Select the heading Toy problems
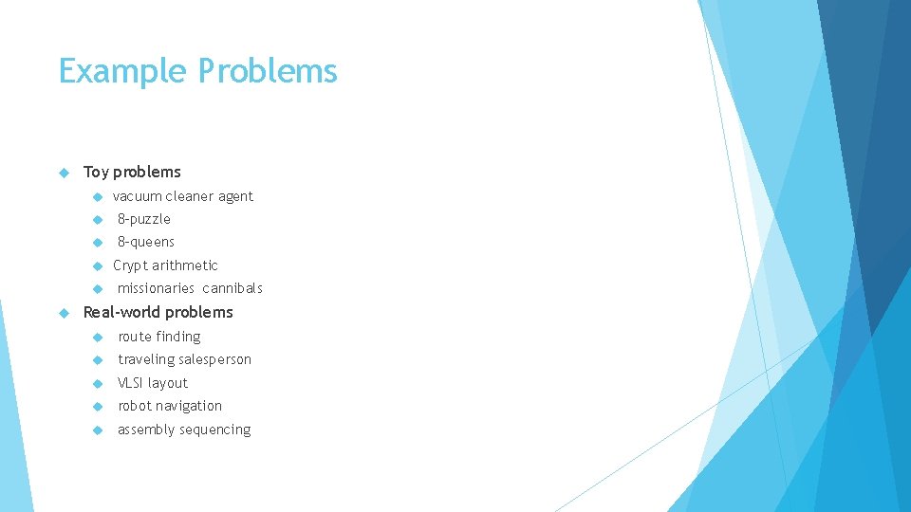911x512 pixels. pyautogui.click(x=132, y=172)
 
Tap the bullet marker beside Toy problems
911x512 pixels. pyautogui.click(x=65, y=173)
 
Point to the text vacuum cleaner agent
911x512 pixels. pyautogui.click(x=183, y=196)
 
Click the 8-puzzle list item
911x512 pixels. pyautogui.click(x=144, y=219)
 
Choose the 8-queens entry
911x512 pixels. pyautogui.click(x=146, y=242)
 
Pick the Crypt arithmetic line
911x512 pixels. pyautogui.click(x=165, y=265)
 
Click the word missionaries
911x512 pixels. pyautogui.click(x=156, y=288)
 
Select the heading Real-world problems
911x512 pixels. pyautogui.click(x=158, y=312)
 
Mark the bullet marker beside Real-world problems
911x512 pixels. pyautogui.click(x=65, y=313)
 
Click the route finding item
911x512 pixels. pyautogui.click(x=159, y=337)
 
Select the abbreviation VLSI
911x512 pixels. pyautogui.click(x=131, y=383)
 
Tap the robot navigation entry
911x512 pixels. pyautogui.click(x=170, y=406)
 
